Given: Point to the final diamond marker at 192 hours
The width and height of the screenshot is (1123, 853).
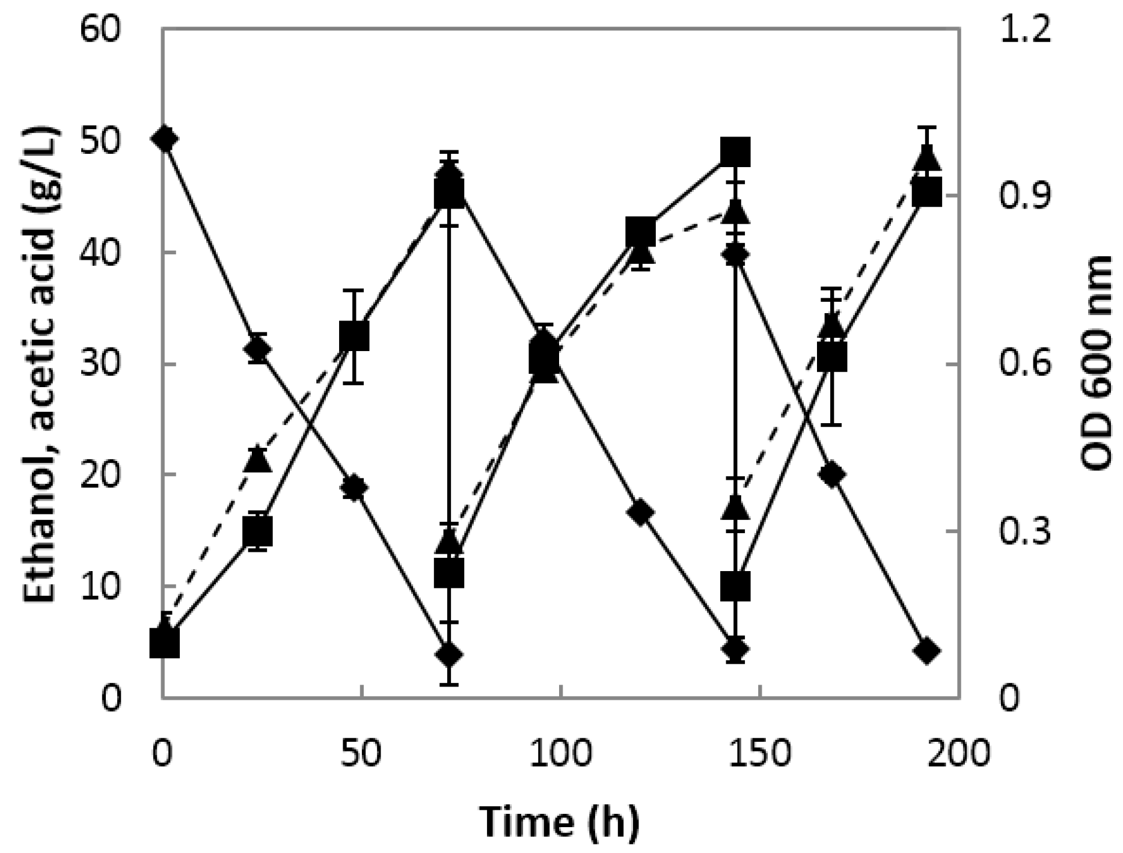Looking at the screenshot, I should tap(926, 651).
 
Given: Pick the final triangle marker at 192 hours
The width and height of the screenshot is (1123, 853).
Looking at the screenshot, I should tap(926, 159).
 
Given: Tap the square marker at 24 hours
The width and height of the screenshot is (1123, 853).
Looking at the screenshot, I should tap(258, 531).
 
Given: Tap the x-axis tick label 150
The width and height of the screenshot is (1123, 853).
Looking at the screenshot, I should tap(761, 754).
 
